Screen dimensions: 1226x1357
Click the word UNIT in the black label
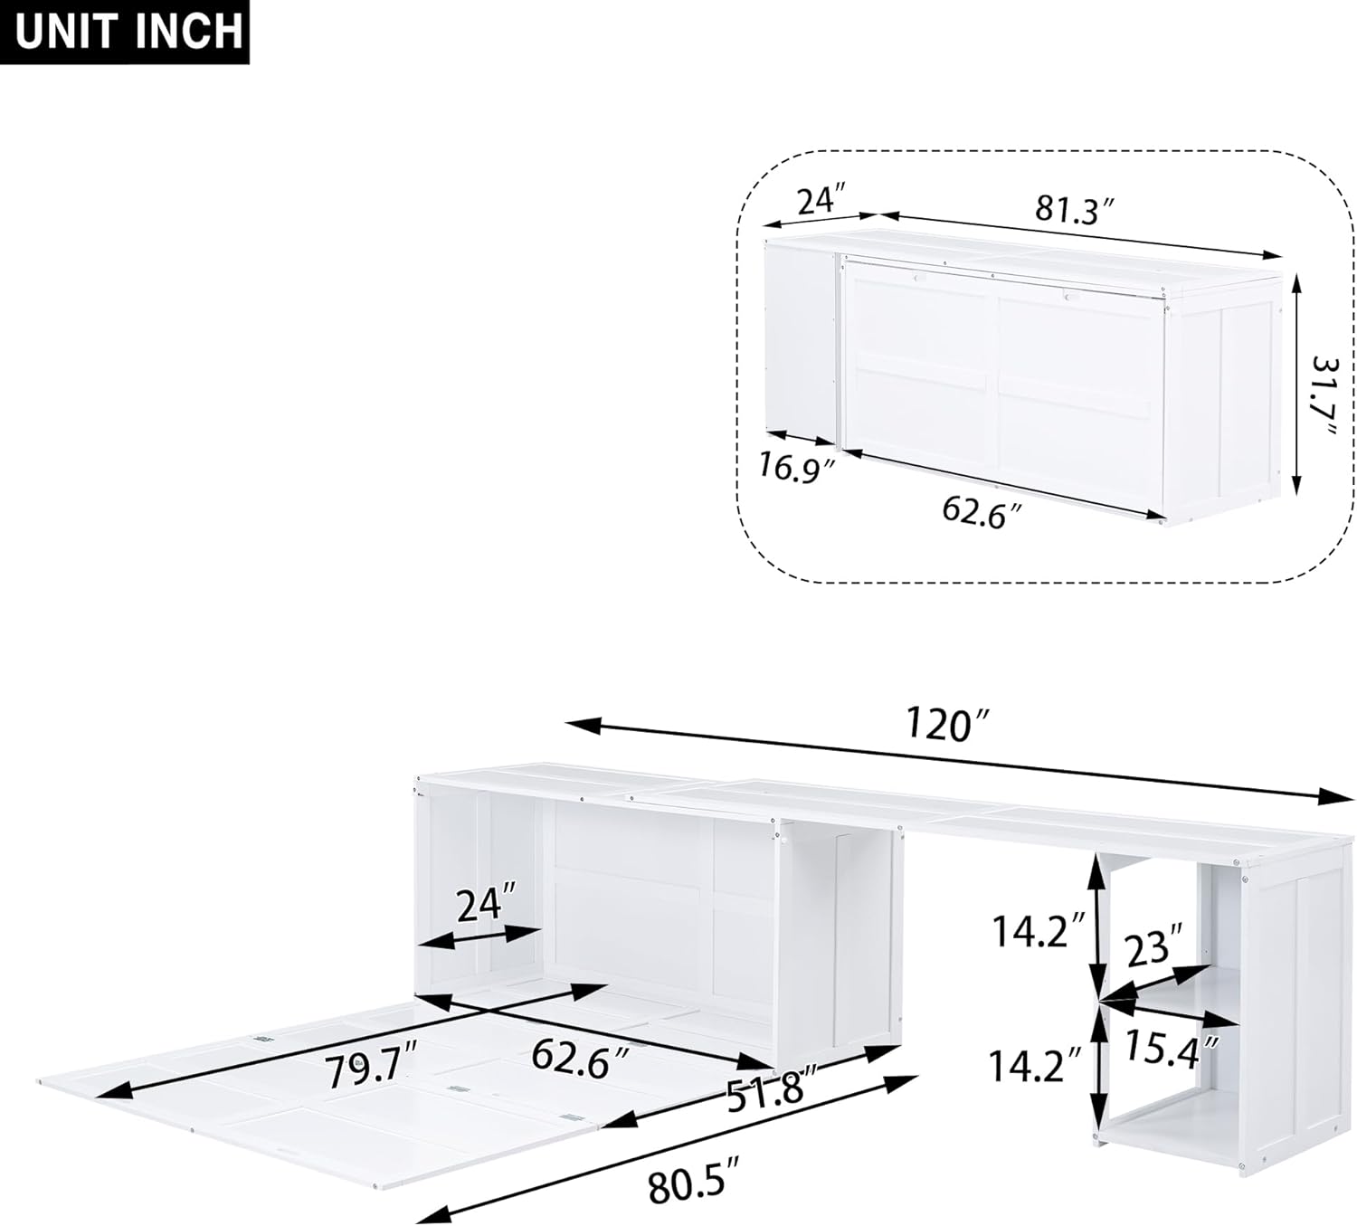67,31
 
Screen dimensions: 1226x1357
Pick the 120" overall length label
948,725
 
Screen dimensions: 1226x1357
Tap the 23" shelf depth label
1154,948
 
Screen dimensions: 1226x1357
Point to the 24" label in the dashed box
820,200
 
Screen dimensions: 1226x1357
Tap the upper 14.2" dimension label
1039,931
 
